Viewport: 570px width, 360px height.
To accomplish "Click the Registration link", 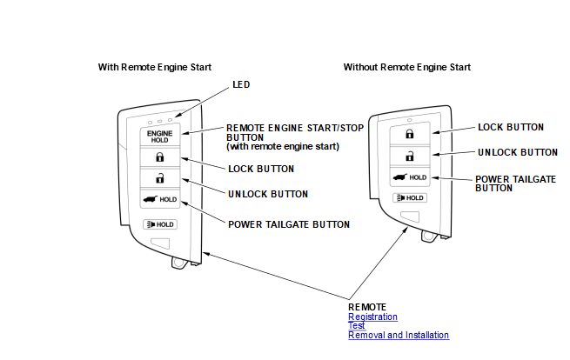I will (x=372, y=317).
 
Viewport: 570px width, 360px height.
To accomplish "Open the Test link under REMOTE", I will (x=356, y=325).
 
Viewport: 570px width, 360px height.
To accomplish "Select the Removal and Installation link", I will (x=399, y=335).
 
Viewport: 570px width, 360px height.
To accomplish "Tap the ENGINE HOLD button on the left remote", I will (x=159, y=137).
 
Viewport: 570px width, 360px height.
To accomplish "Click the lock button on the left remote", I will (x=159, y=157).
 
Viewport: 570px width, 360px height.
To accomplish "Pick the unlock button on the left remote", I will (x=159, y=178).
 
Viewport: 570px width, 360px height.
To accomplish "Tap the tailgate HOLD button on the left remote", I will (x=159, y=200).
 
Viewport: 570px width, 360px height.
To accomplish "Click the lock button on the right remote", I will (x=408, y=135).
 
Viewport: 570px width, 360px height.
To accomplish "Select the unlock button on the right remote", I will (x=408, y=156).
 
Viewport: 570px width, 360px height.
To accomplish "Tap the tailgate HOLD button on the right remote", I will (x=408, y=177).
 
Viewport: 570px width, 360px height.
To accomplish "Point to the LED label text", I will (x=241, y=85).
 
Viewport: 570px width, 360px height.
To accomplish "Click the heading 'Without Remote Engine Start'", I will (x=407, y=67).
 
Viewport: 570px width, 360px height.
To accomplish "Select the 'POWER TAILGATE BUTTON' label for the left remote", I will (x=289, y=224).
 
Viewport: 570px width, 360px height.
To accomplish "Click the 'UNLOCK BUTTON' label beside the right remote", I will (x=518, y=152).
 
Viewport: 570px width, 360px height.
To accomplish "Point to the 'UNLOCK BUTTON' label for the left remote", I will (x=269, y=193).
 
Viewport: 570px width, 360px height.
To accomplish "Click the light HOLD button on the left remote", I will (x=159, y=224).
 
